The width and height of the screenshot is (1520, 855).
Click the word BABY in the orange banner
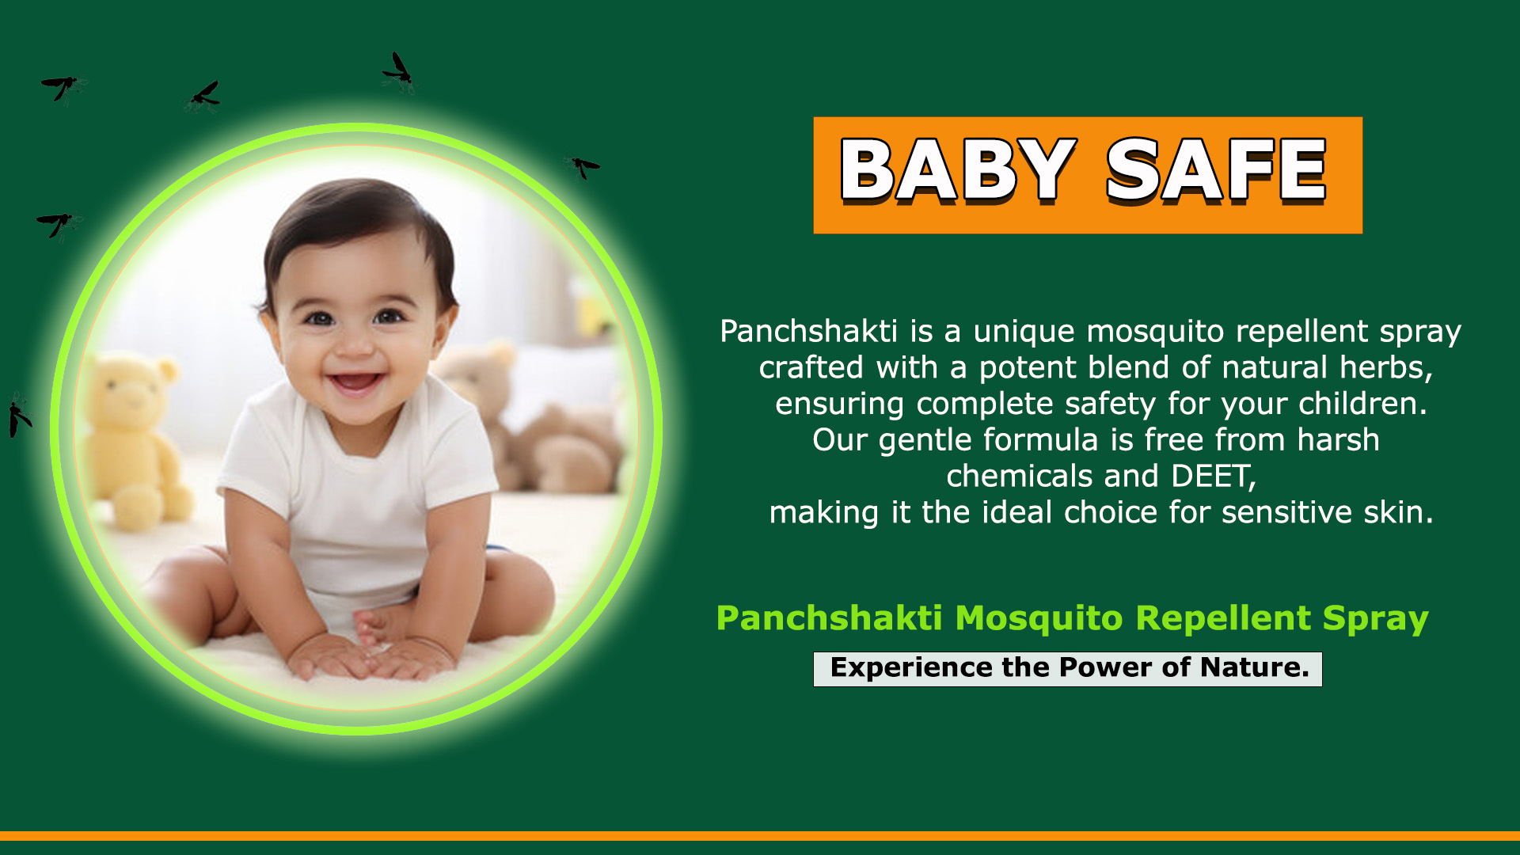pyautogui.click(x=958, y=169)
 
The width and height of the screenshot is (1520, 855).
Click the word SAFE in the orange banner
pyautogui.click(x=1216, y=169)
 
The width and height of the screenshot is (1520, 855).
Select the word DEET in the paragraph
pyautogui.click(x=1211, y=476)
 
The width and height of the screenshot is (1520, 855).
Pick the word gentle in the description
pyautogui.click(x=925, y=441)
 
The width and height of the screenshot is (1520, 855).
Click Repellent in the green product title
pyautogui.click(x=1223, y=618)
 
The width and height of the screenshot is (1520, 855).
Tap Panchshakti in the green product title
pyautogui.click(x=829, y=618)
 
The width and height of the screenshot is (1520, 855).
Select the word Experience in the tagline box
pyautogui.click(x=911, y=668)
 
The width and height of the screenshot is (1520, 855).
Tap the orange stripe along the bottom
pyautogui.click(x=760, y=836)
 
